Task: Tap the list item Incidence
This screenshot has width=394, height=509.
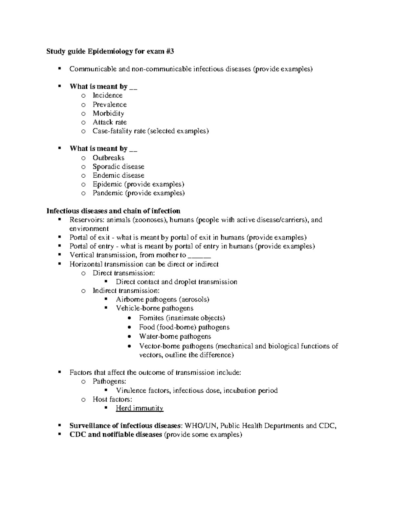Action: point(107,95)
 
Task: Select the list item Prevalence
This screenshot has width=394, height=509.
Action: point(109,105)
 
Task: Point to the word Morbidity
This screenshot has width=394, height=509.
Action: point(108,113)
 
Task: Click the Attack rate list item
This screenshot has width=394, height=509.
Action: point(109,122)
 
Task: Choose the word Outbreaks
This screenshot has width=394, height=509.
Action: point(108,158)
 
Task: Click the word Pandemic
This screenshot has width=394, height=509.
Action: point(108,193)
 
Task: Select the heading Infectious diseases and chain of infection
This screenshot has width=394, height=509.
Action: point(113,211)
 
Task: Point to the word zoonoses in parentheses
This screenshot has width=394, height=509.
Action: point(149,220)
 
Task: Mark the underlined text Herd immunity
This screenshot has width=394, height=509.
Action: point(140,408)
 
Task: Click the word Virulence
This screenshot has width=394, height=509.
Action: point(131,391)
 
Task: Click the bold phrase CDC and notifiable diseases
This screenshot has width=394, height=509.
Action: point(116,435)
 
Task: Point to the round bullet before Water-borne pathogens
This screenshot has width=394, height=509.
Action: point(131,337)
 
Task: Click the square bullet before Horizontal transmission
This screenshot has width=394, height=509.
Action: point(59,264)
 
